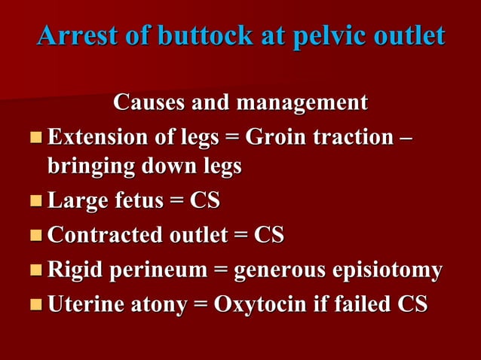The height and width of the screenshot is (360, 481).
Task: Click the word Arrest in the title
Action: click(x=70, y=35)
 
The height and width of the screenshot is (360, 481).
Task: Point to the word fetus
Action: click(x=143, y=201)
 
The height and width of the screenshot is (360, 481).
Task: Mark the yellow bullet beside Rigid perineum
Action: click(x=36, y=271)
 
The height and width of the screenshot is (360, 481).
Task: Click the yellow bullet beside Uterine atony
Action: click(x=36, y=306)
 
